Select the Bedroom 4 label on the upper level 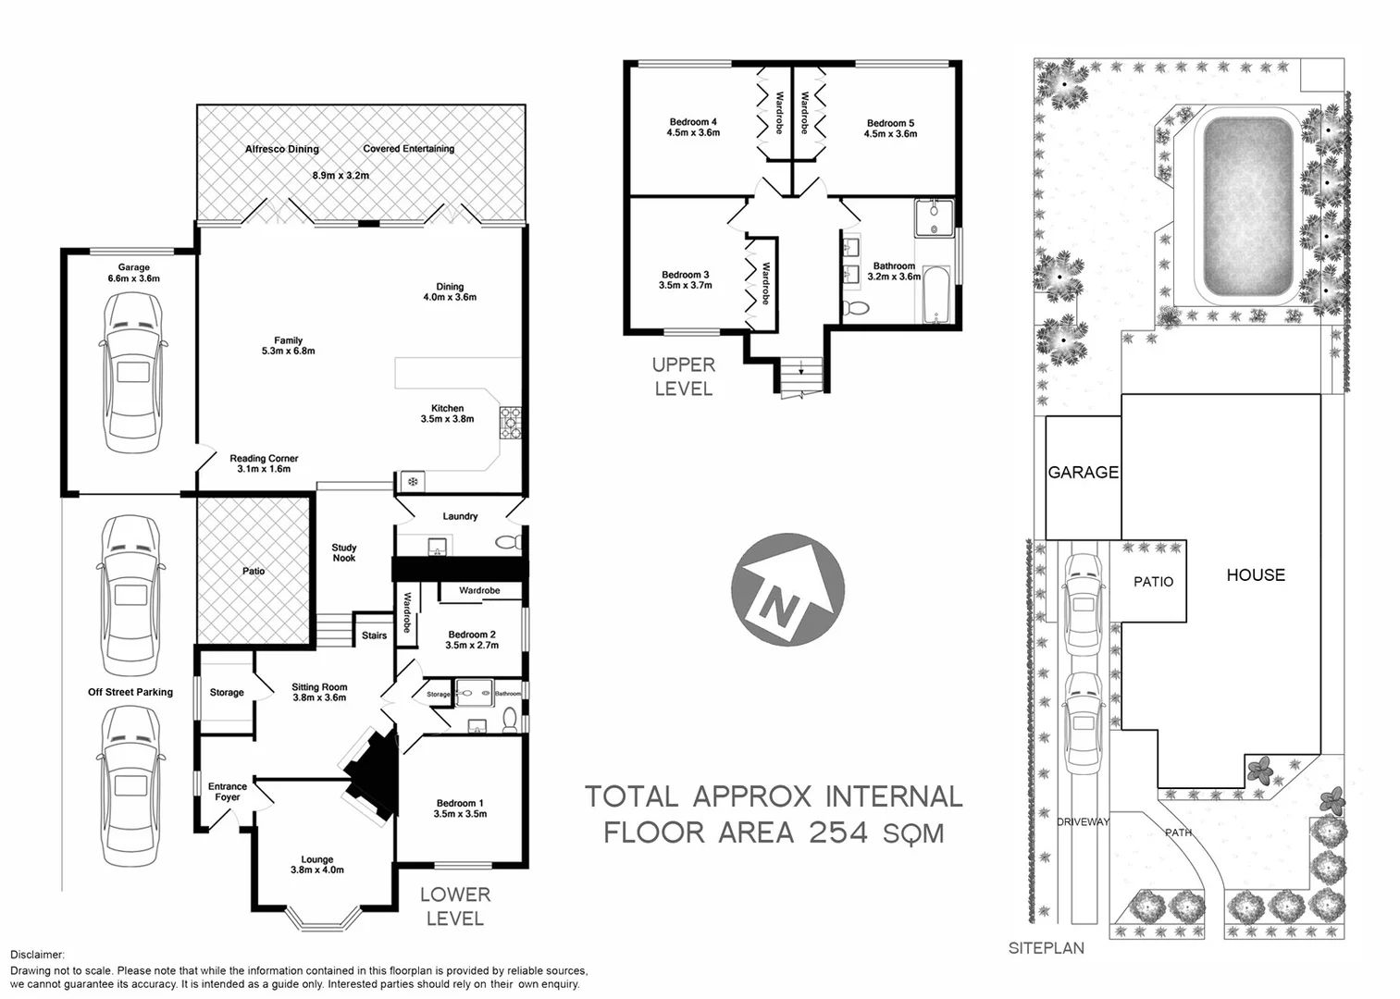(x=693, y=128)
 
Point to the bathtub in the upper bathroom (x=935, y=295)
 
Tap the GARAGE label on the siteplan (x=1083, y=473)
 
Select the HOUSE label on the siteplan (x=1255, y=574)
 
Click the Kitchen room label (x=447, y=413)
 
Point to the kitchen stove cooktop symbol (x=511, y=423)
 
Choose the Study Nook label (x=344, y=553)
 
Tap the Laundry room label (x=460, y=516)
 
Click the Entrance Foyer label (x=227, y=792)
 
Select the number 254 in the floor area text (x=838, y=832)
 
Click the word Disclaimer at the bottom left (x=38, y=954)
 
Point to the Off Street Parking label (x=130, y=692)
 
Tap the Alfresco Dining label (x=281, y=149)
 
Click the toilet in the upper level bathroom (x=858, y=308)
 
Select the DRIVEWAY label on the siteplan (x=1083, y=821)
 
